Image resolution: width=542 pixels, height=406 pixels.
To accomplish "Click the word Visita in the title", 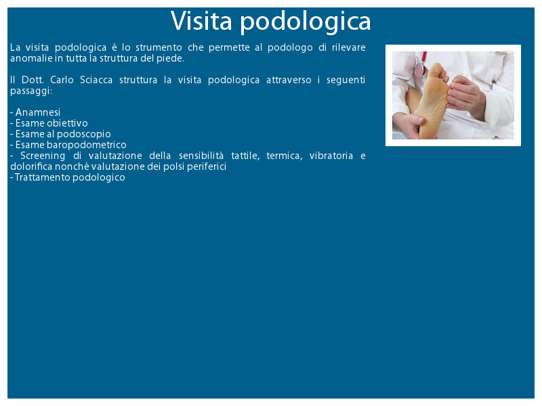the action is [x=201, y=21].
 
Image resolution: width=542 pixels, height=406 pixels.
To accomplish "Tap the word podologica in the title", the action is [x=306, y=22].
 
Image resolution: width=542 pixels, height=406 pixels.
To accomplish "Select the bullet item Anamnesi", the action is [x=35, y=112].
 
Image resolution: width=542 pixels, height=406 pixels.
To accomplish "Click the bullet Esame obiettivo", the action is [x=49, y=123].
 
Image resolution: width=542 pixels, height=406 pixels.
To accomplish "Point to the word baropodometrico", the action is [x=87, y=145].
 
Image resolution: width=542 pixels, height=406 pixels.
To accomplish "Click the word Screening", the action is [x=43, y=156].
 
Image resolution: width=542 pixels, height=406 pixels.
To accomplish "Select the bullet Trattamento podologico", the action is [x=68, y=177].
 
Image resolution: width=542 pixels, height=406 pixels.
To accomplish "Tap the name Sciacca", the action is [x=96, y=80].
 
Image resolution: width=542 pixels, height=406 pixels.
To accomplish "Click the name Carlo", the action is [x=62, y=80].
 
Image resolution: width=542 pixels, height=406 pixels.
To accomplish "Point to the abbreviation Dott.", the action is [x=33, y=80].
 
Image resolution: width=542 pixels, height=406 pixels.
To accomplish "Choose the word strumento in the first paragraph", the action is [x=159, y=47].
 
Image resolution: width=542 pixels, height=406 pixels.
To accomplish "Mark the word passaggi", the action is [x=31, y=91].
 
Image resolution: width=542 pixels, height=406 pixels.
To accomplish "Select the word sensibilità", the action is [x=201, y=156].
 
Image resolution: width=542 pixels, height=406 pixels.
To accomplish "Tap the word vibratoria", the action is [x=331, y=156].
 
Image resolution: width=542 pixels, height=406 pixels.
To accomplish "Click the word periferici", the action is [x=207, y=166].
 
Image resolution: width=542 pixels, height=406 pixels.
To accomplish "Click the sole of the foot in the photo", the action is [x=432, y=104].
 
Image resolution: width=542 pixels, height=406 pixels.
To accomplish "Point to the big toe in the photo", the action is [x=437, y=69].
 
